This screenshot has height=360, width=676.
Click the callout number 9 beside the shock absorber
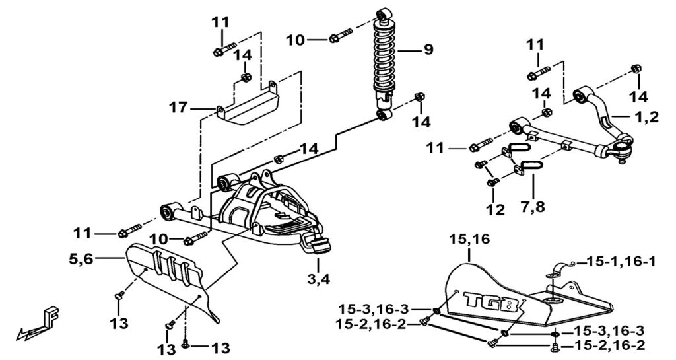428,50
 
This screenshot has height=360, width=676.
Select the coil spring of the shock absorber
385,55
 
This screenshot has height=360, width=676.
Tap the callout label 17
178,108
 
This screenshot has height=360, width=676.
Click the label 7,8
533,207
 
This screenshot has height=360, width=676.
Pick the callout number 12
495,209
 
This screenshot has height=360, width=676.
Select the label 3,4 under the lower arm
319,279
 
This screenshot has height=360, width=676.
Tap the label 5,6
81,259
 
